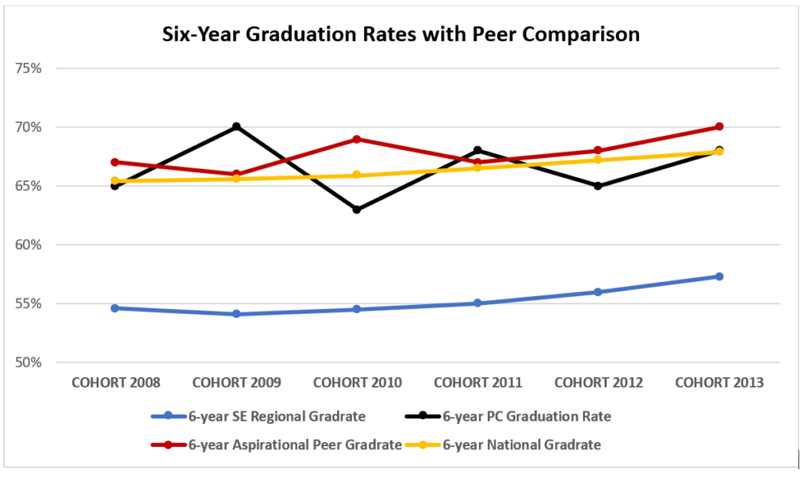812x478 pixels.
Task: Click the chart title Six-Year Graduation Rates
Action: click(x=400, y=35)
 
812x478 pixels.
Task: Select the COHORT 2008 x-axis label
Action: click(x=116, y=383)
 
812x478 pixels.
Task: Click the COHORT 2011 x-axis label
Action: click(x=477, y=383)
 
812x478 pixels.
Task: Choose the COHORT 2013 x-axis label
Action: click(x=719, y=383)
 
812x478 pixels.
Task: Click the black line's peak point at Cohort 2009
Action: click(x=236, y=127)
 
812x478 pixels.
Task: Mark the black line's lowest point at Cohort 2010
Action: click(x=357, y=210)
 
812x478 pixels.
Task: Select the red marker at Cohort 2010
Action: click(x=357, y=139)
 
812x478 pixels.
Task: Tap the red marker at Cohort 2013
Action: click(x=719, y=127)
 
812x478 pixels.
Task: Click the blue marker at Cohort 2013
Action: click(x=719, y=276)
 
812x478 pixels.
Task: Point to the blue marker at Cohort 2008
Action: click(x=116, y=308)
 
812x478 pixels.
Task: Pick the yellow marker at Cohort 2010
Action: click(x=357, y=175)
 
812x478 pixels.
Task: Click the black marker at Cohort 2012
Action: click(x=598, y=186)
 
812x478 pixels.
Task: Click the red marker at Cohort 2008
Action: click(x=116, y=162)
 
